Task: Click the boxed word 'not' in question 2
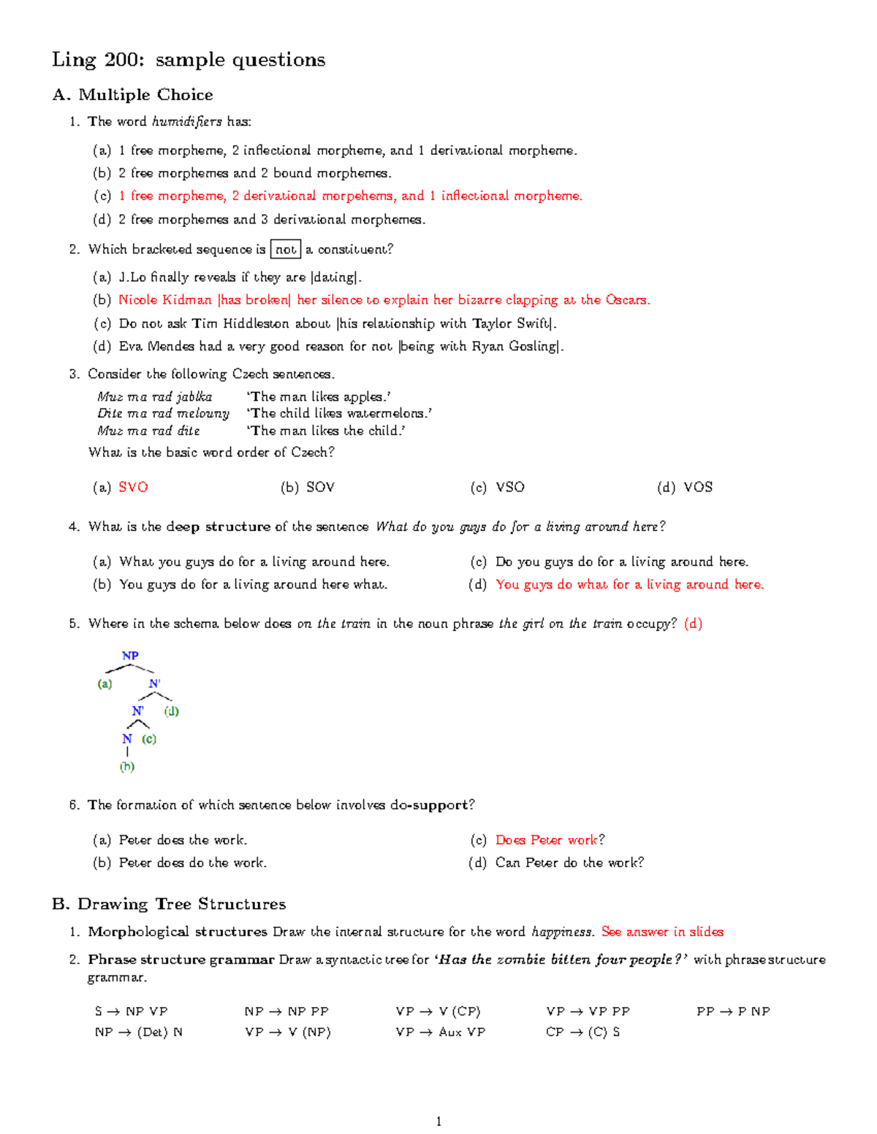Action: (286, 250)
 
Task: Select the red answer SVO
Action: (133, 487)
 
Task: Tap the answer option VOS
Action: (697, 487)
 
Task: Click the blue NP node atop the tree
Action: (130, 656)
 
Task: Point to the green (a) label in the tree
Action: (105, 684)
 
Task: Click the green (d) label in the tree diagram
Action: (172, 711)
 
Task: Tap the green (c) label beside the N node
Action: (149, 739)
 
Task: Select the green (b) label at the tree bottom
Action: (127, 767)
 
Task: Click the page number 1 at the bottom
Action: (438, 1122)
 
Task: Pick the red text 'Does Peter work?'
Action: (550, 840)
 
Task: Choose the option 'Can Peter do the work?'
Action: (569, 862)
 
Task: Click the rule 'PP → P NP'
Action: (733, 1011)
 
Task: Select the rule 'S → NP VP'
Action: (131, 1011)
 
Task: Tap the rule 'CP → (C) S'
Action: (582, 1032)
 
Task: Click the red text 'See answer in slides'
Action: (662, 932)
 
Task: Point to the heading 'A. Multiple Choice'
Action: (132, 95)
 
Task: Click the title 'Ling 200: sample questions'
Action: (189, 60)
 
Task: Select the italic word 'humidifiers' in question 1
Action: (187, 122)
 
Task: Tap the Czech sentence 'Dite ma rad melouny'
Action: (163, 413)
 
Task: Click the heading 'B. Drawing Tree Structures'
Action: (169, 904)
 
